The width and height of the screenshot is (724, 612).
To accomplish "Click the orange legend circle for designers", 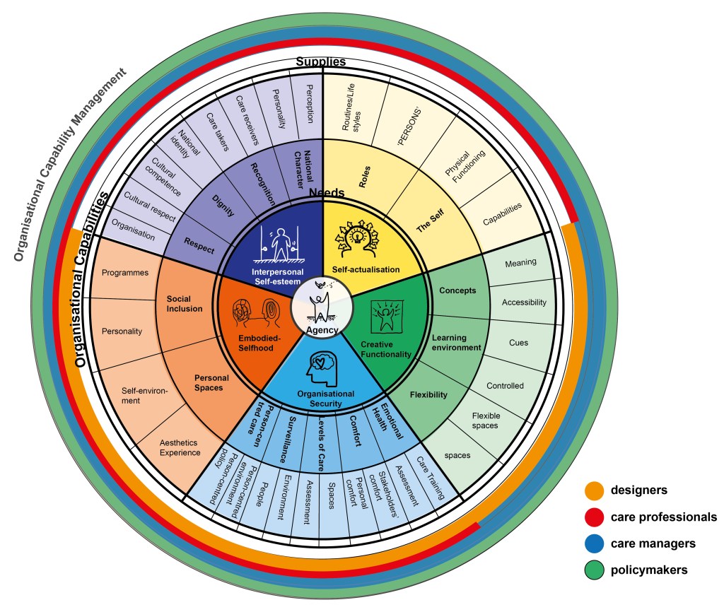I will click(x=594, y=490).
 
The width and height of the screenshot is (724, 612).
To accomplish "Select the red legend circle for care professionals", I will click(x=594, y=517).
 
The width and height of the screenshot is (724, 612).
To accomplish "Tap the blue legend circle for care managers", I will click(x=594, y=543).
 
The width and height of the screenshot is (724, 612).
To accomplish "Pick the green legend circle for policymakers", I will click(x=594, y=570).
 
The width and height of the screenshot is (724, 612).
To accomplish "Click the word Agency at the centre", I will click(x=322, y=329).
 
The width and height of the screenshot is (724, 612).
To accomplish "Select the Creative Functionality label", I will click(x=385, y=348).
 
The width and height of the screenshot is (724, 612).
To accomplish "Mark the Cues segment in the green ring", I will click(x=518, y=342).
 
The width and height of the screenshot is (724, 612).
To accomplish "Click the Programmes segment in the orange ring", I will click(x=124, y=272).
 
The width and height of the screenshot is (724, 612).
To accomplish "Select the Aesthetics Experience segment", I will click(x=158, y=447).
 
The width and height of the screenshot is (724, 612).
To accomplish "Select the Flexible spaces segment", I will click(x=485, y=420).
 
